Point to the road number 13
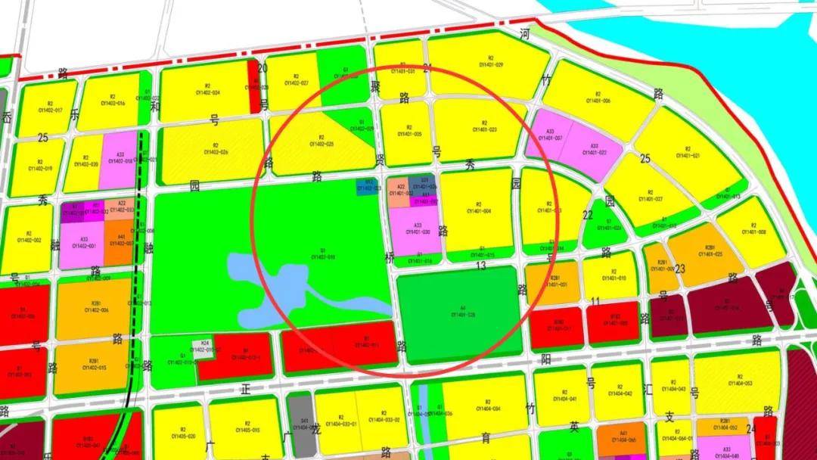point(480,266)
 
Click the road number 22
point(588,216)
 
